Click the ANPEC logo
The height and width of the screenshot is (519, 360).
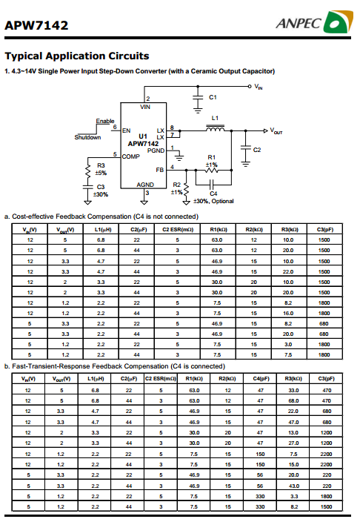314,22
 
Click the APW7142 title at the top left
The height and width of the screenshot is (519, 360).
36,25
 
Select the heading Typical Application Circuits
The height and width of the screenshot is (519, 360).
77,56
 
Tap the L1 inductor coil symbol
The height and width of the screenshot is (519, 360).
216,128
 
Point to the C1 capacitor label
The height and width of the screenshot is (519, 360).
213,97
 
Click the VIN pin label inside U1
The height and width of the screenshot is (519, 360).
145,107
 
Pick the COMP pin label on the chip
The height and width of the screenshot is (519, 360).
131,156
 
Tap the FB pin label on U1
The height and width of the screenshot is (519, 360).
160,170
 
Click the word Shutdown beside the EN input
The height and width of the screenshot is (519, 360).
87,137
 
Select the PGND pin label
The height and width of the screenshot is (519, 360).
156,151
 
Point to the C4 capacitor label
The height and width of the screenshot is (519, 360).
213,194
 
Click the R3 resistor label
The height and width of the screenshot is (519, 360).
101,165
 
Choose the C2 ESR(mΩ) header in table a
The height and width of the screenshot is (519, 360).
178,229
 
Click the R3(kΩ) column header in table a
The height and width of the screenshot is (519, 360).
289,229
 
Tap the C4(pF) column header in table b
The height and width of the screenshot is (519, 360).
261,379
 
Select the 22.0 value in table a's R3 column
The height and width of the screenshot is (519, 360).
288,272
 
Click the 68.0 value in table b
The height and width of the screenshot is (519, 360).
293,401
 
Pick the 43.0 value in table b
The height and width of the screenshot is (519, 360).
293,486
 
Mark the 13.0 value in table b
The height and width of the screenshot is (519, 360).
293,432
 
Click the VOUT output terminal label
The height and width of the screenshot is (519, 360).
276,131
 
